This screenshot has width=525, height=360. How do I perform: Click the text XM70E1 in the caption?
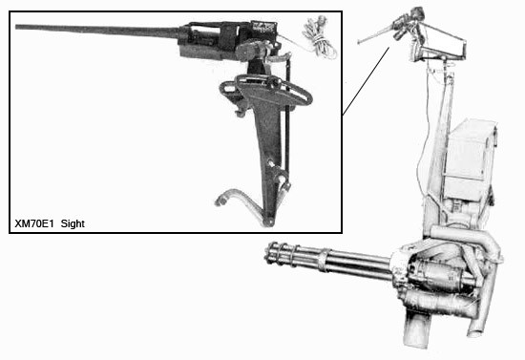[34, 223]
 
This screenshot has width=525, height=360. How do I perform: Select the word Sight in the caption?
[73, 223]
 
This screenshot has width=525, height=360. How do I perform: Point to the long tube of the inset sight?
[97, 30]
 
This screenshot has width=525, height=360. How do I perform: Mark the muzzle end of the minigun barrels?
[270, 252]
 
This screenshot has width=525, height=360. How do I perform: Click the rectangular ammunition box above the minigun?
[469, 160]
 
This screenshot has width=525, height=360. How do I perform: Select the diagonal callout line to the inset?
[366, 81]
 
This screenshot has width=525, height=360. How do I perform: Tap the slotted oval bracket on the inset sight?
[266, 90]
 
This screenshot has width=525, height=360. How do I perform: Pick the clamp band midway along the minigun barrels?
[324, 260]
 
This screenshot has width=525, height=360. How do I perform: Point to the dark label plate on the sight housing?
[263, 26]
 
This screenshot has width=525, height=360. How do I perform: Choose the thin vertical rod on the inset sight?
[287, 120]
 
